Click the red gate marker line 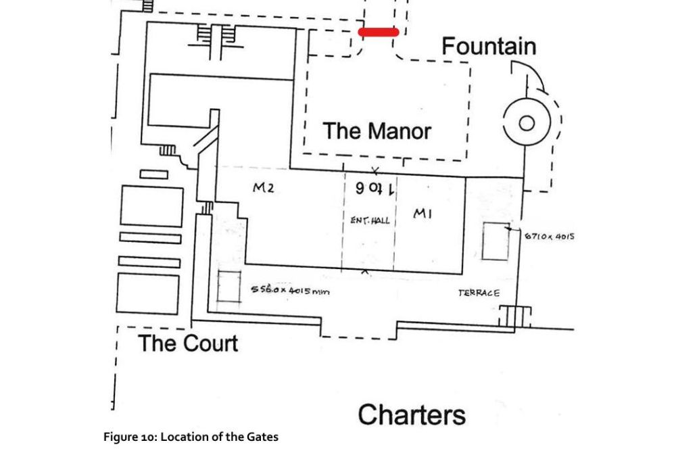point(379,32)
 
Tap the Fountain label point(489,46)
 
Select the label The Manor point(377,130)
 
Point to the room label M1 point(422,214)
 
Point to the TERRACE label point(479,293)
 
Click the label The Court point(188,343)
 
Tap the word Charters point(412,414)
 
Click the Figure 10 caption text point(191,437)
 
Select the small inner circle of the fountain point(526,124)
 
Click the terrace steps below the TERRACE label point(515,316)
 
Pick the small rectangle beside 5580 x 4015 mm point(230,287)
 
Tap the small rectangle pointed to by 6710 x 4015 point(496,241)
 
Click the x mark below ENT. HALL point(366,272)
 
